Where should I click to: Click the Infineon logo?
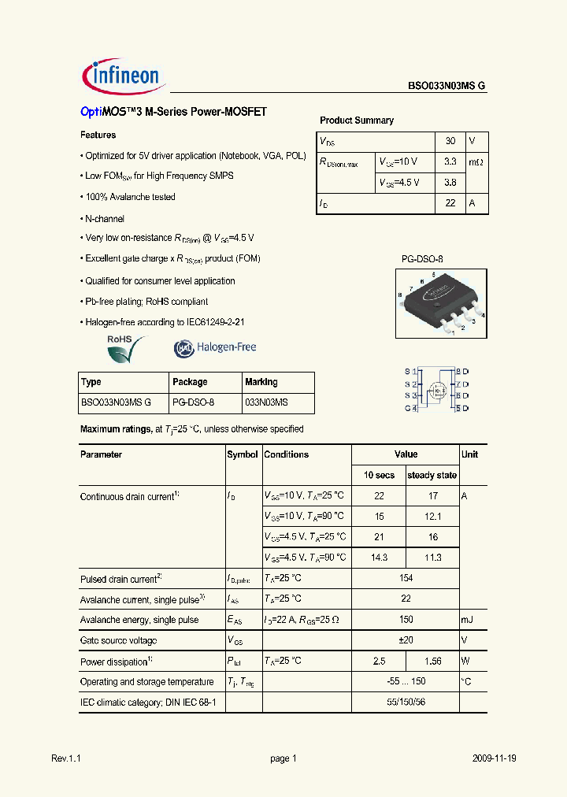click(122, 77)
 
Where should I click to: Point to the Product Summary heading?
click(356, 120)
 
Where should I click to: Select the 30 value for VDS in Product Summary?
click(450, 142)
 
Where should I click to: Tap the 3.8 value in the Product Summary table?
click(450, 182)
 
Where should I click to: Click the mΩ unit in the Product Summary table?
click(477, 162)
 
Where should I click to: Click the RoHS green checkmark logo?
click(126, 348)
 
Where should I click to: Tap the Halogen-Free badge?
click(215, 347)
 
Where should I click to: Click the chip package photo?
click(439, 299)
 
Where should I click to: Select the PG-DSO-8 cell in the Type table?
click(193, 402)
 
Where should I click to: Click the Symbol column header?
click(242, 454)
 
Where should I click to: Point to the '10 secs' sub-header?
click(379, 475)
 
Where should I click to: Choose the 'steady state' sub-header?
click(432, 475)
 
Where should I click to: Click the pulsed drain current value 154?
click(406, 579)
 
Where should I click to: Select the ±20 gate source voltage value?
click(406, 640)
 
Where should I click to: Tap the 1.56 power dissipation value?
click(432, 662)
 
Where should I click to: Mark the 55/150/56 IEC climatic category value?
click(406, 702)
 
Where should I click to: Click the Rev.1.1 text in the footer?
click(66, 758)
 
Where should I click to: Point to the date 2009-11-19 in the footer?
click(495, 758)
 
